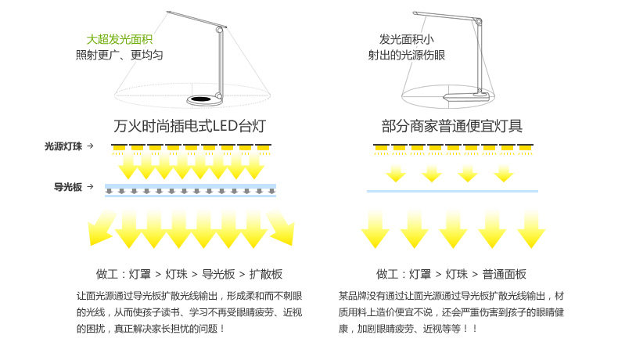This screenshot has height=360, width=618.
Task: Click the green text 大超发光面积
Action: [x=119, y=39]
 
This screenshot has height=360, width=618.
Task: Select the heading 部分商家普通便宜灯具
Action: [x=452, y=126]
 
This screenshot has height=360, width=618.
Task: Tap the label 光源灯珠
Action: [x=63, y=146]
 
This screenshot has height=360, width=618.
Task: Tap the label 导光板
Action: [x=68, y=187]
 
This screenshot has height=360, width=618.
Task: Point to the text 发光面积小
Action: [x=406, y=39]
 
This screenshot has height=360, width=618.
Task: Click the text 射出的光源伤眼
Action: [x=406, y=55]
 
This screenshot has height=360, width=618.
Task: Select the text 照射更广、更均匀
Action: [x=119, y=55]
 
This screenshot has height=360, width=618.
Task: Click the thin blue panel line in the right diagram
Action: [x=452, y=191]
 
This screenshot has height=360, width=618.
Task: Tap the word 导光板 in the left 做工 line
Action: [x=219, y=274]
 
